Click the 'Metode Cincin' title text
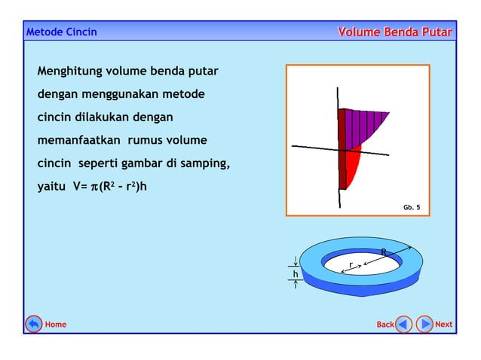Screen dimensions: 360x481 pos(61,32)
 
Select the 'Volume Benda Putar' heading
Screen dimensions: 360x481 pos(394,32)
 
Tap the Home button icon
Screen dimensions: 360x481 pos(33,324)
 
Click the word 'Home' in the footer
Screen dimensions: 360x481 pos(56,325)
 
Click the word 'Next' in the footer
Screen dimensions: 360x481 pos(444,325)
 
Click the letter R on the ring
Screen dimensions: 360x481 pos(384,252)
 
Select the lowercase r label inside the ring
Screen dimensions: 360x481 pos(351,264)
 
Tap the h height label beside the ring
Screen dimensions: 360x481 pos(296,274)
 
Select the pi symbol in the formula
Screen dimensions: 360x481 pos(94,186)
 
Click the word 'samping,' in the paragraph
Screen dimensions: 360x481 pos(205,163)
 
